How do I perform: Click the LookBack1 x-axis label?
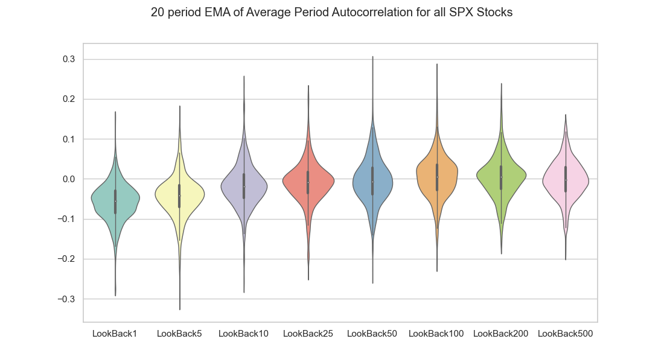115,334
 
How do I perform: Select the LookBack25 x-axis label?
308,334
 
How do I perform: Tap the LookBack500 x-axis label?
565,334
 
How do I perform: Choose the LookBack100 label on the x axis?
436,334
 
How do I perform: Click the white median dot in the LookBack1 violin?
115,200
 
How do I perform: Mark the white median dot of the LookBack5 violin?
179,195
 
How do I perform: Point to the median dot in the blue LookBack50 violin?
372,182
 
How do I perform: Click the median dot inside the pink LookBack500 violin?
566,180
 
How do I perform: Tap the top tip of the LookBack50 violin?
372,57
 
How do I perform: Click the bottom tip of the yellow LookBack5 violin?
179,310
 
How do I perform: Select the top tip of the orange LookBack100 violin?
437,64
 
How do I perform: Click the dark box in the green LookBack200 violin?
501,177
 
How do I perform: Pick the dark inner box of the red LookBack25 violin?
308,182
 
